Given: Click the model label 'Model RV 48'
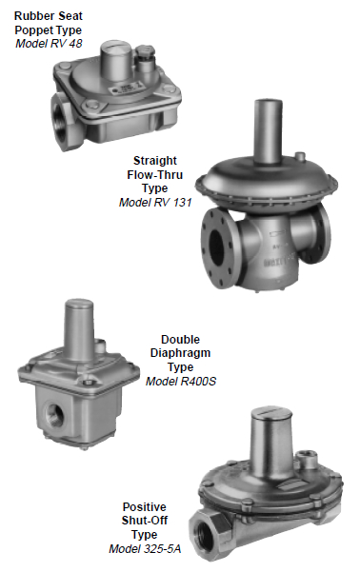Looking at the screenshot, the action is [x=49, y=44].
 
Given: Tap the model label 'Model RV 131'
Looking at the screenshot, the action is [x=155, y=202].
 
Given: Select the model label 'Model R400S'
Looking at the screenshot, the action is [x=181, y=382].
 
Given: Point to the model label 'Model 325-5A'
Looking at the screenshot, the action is [x=145, y=548].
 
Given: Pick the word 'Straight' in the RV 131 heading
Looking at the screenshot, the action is [x=155, y=161].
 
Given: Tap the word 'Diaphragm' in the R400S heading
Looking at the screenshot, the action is [x=180, y=353].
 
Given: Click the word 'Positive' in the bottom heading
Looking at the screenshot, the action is [x=144, y=507].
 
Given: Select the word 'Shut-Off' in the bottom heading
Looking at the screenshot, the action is [x=144, y=521].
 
